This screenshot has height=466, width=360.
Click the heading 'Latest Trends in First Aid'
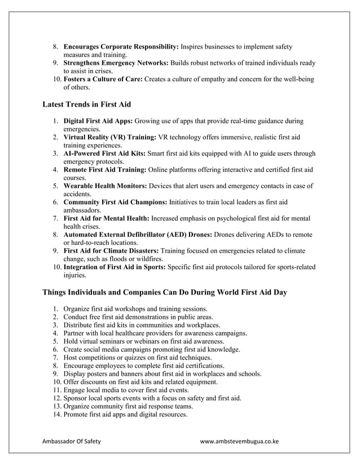pos(87,104)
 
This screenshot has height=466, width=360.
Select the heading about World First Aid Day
pos(165,293)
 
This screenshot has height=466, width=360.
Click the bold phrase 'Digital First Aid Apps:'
pos(98,121)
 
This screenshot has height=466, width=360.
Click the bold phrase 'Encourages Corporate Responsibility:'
pos(121,47)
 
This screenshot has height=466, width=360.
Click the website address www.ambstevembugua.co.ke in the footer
pos(240,441)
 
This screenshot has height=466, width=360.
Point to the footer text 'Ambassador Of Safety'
pos(72,441)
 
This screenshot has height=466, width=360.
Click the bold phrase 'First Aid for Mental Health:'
pos(107,218)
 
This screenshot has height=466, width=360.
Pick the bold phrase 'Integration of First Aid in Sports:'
pos(115,266)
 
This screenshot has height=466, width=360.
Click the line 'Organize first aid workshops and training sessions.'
pos(135,309)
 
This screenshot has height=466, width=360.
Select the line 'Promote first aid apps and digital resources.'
pos(125,415)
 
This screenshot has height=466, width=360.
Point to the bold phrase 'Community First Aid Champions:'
pos(115,202)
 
